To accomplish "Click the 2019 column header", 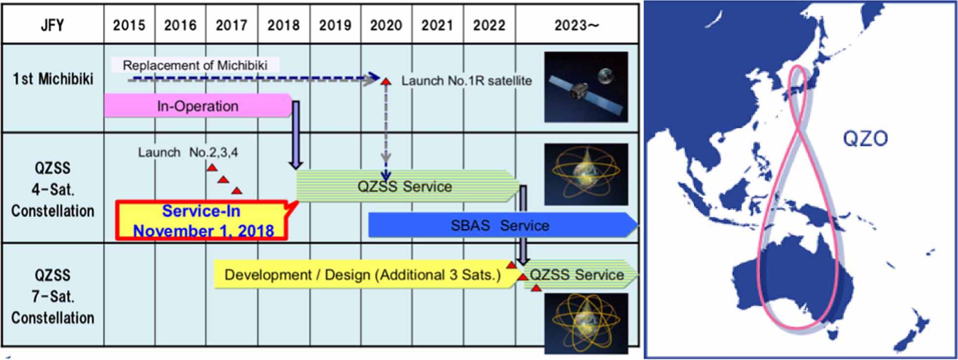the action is (x=335, y=24).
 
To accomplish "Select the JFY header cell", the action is (x=53, y=24).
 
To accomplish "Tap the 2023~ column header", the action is (x=576, y=24).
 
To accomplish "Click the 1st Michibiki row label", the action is (x=53, y=79).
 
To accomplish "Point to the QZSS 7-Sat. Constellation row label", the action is (x=53, y=296).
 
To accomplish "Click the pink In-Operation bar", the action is (x=198, y=106).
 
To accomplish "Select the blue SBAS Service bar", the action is (x=502, y=225).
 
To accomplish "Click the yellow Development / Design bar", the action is (x=365, y=275).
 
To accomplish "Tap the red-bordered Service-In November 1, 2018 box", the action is (x=202, y=221).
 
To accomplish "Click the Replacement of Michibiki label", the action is (x=195, y=65).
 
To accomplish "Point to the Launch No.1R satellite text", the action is (x=467, y=81).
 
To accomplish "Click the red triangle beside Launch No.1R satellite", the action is (x=386, y=81).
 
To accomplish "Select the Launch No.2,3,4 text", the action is (x=188, y=152).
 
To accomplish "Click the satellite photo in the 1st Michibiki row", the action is (x=586, y=87).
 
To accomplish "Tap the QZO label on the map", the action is (x=865, y=139).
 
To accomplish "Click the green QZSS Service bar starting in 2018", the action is (x=408, y=186).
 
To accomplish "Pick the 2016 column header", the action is (x=180, y=24).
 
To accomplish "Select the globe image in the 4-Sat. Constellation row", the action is (x=586, y=174).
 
